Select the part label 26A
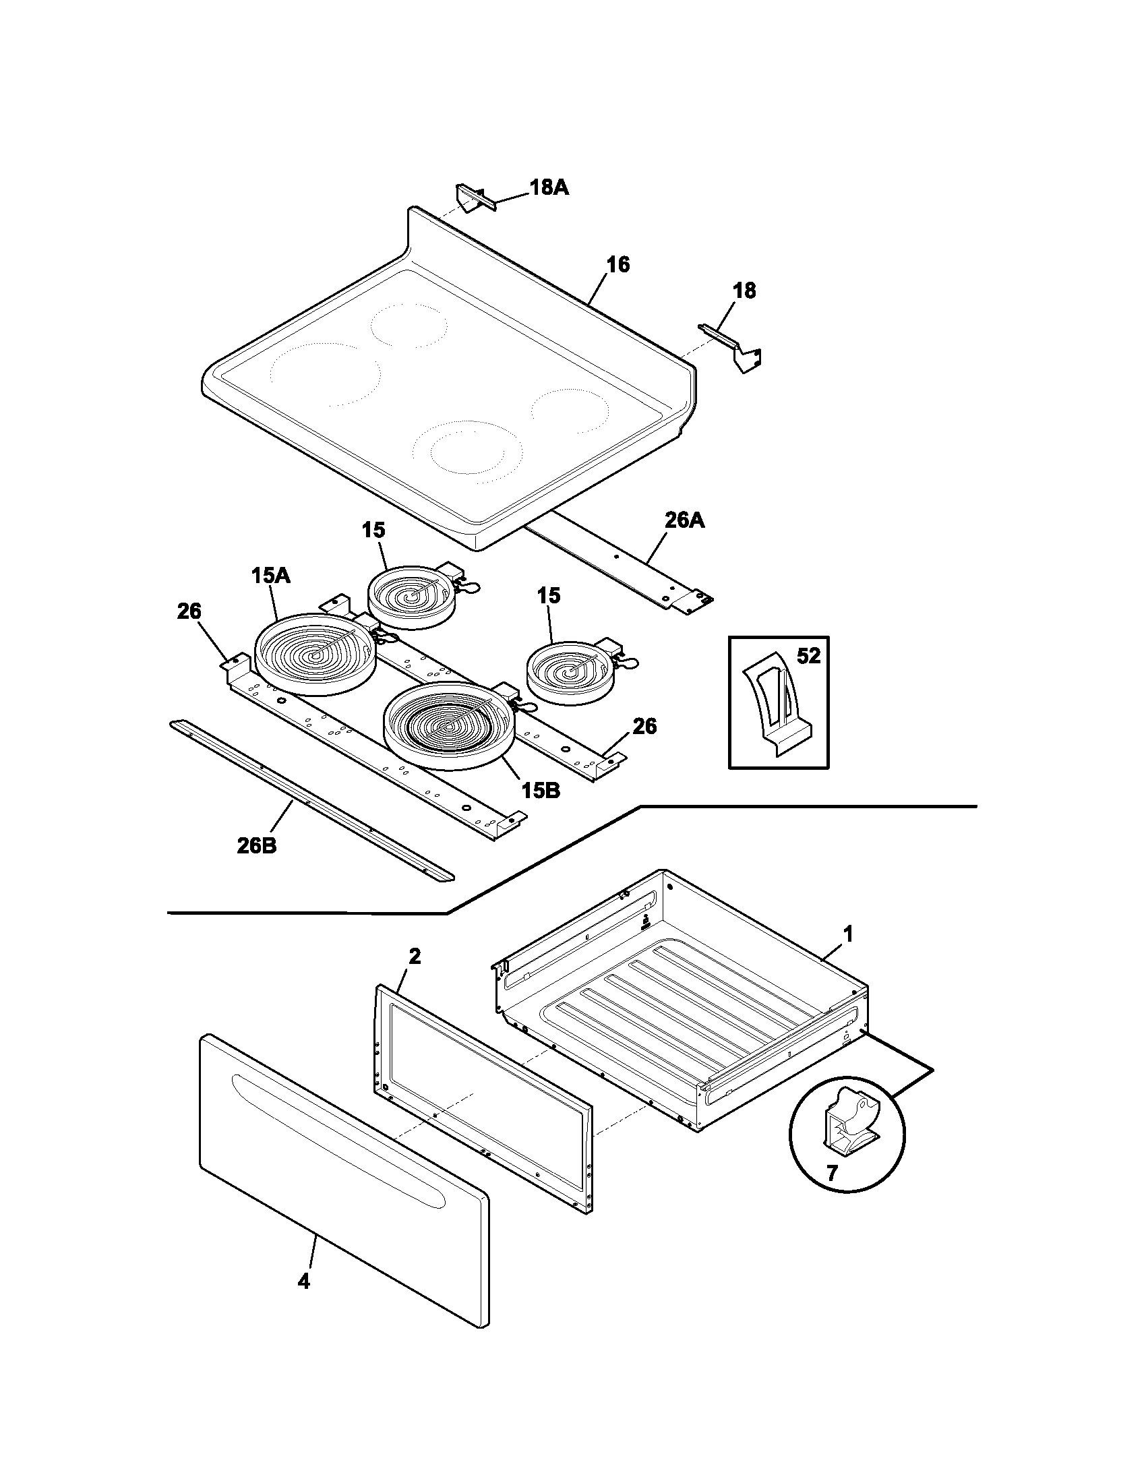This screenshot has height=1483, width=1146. pos(684,521)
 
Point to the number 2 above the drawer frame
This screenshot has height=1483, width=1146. pos(414,956)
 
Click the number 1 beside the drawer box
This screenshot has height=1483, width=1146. pos(847,934)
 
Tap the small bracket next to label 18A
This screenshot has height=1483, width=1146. pos(471,198)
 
